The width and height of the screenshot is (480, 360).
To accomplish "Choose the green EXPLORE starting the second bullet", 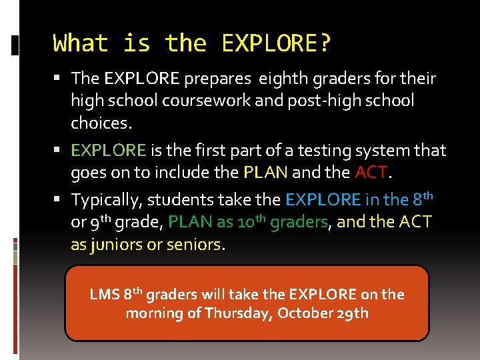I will tap(109, 151).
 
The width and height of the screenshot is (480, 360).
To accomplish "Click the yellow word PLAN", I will tap(265, 173).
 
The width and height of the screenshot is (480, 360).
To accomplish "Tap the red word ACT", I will tap(371, 173).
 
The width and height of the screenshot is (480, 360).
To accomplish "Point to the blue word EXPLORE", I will tap(323, 200).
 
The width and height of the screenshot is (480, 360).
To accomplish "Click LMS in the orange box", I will tap(105, 295).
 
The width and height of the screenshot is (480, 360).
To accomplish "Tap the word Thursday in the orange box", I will tap(237, 313).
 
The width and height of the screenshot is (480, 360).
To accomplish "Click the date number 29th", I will tap(352, 313).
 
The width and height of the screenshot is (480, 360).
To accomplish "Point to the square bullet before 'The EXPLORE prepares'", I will tap(60, 79).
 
